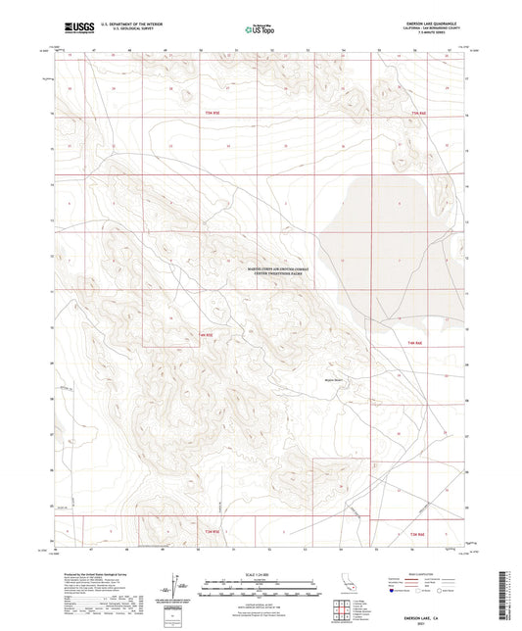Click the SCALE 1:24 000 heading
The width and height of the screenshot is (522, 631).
click(259, 573)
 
